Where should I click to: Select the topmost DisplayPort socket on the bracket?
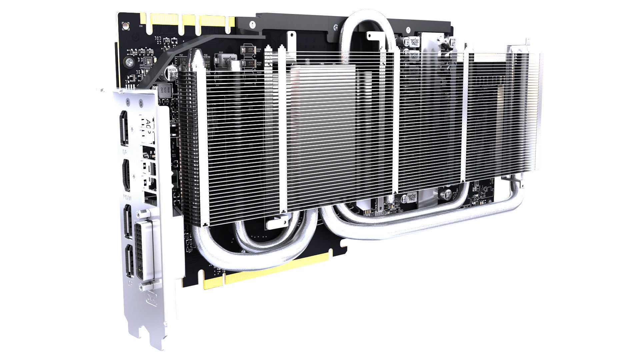(124, 128)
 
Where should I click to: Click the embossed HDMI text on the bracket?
(127, 197)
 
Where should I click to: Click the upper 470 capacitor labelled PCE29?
(249, 50)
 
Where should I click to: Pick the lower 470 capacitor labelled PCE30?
(249, 64)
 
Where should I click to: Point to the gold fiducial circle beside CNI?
(125, 25)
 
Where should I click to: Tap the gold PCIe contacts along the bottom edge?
(267, 270)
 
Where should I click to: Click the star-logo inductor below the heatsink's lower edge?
(412, 197)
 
